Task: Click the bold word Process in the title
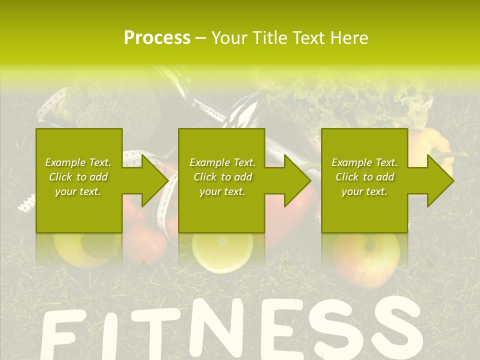157,38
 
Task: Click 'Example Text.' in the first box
78,162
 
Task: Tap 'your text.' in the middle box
222,191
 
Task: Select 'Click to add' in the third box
364,177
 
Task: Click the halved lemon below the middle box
222,252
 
